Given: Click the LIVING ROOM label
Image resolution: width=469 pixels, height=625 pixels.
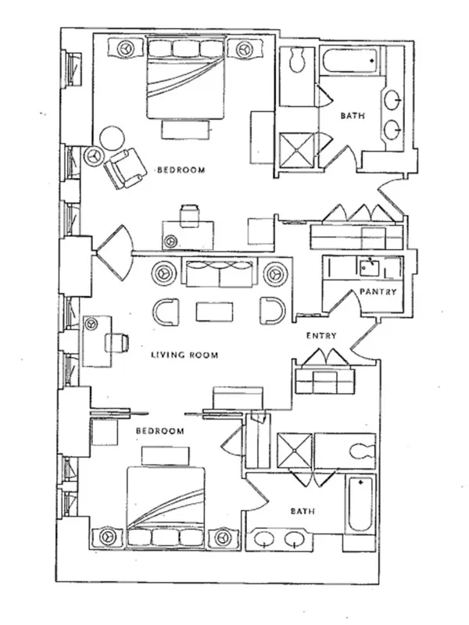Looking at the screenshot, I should point(184,355).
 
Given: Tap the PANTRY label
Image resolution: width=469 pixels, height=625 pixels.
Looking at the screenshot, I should point(378,293).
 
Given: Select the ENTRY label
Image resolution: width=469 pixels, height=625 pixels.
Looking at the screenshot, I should point(321,337).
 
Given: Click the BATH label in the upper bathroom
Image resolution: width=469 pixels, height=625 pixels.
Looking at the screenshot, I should point(351,116).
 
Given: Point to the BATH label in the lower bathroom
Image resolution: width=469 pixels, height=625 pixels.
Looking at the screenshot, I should point(303,512).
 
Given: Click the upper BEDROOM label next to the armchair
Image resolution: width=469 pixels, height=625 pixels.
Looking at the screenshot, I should point(181,170).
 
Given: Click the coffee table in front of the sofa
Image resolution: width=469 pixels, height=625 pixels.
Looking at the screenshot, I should point(215,311).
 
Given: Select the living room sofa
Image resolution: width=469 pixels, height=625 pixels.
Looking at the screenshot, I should point(219,273).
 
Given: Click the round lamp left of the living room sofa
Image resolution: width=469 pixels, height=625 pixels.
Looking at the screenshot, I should point(165,273).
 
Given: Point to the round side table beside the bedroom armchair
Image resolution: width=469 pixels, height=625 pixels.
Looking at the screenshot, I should point(112,138).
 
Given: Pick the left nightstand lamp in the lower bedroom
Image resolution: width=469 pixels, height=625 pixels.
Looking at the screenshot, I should point(106,537).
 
